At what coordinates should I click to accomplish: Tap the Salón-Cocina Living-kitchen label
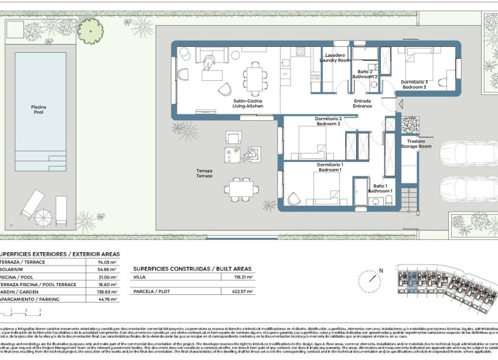pyautogui.click(x=248, y=104)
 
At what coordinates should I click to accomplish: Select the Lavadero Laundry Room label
pyautogui.click(x=335, y=57)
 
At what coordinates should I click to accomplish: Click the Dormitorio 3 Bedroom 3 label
pyautogui.click(x=414, y=84)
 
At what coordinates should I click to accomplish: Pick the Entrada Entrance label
pyautogui.click(x=362, y=103)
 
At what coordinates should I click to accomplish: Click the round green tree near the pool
pyautogui.click(x=90, y=30)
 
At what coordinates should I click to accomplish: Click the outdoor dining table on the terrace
pyautogui.click(x=241, y=188)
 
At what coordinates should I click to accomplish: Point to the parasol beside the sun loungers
pyautogui.click(x=43, y=218)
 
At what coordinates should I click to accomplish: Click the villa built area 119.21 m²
pyautogui.click(x=243, y=276)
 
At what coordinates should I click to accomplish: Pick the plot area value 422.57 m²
pyautogui.click(x=243, y=291)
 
